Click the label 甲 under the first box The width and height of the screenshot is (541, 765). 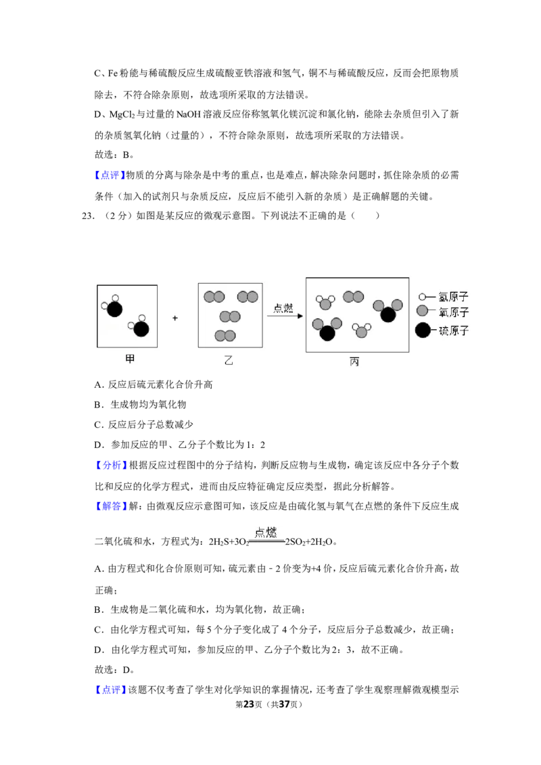[129, 359]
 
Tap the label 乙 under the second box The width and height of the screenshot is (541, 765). [228, 360]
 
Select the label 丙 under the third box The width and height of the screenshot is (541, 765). [354, 362]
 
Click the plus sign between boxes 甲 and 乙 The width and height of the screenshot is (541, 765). [175, 318]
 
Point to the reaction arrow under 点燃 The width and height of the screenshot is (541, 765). [285, 316]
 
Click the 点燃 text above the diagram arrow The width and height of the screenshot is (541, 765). [283, 307]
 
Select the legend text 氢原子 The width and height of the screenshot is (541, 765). [453, 296]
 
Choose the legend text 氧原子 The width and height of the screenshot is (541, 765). [453, 312]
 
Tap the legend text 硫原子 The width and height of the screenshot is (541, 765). [453, 330]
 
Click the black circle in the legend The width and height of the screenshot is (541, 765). [423, 330]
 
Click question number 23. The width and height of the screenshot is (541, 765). [88, 216]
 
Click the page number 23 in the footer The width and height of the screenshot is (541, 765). [249, 704]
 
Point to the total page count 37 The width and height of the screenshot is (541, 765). [284, 704]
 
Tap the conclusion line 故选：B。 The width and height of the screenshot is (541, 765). [114, 155]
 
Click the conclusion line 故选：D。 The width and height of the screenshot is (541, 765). [114, 669]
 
